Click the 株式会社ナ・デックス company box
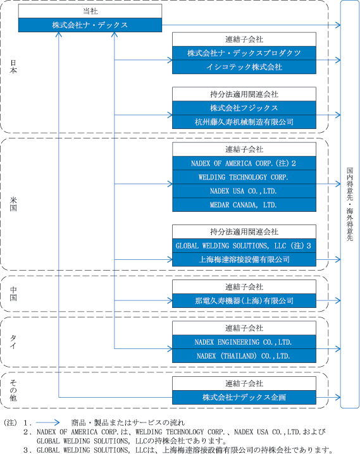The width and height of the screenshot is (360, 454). pyautogui.click(x=90, y=25)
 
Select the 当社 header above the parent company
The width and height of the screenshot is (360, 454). pyautogui.click(x=90, y=11)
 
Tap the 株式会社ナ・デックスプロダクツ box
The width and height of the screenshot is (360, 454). pyautogui.click(x=244, y=53)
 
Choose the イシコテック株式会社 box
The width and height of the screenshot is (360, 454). pyautogui.click(x=244, y=67)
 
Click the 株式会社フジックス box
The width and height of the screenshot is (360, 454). pyautogui.click(x=244, y=108)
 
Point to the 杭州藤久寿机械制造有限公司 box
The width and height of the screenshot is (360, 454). pyautogui.click(x=244, y=122)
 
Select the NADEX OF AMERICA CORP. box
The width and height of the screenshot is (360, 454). pyautogui.click(x=244, y=163)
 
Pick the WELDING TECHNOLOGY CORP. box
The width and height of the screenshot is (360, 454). pyautogui.click(x=244, y=177)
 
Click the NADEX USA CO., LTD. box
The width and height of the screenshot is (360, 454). pyautogui.click(x=244, y=191)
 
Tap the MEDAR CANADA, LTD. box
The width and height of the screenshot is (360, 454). pyautogui.click(x=244, y=205)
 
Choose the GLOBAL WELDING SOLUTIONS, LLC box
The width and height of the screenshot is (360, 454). pyautogui.click(x=244, y=245)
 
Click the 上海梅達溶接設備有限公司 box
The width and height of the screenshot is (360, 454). pyautogui.click(x=244, y=259)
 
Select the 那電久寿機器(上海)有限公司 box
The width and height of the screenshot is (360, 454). pyautogui.click(x=244, y=300)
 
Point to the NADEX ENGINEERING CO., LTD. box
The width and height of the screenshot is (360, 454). pyautogui.click(x=244, y=342)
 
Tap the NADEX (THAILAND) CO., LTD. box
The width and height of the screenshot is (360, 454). pyautogui.click(x=244, y=356)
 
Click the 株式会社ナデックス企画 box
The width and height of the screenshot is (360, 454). pyautogui.click(x=244, y=397)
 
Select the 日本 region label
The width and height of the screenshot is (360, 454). pyautogui.click(x=13, y=66)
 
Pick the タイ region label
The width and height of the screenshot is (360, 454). pyautogui.click(x=13, y=342)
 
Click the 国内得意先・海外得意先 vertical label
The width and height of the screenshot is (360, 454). pyautogui.click(x=350, y=204)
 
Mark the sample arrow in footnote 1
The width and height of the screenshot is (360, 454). pyautogui.click(x=48, y=423)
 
